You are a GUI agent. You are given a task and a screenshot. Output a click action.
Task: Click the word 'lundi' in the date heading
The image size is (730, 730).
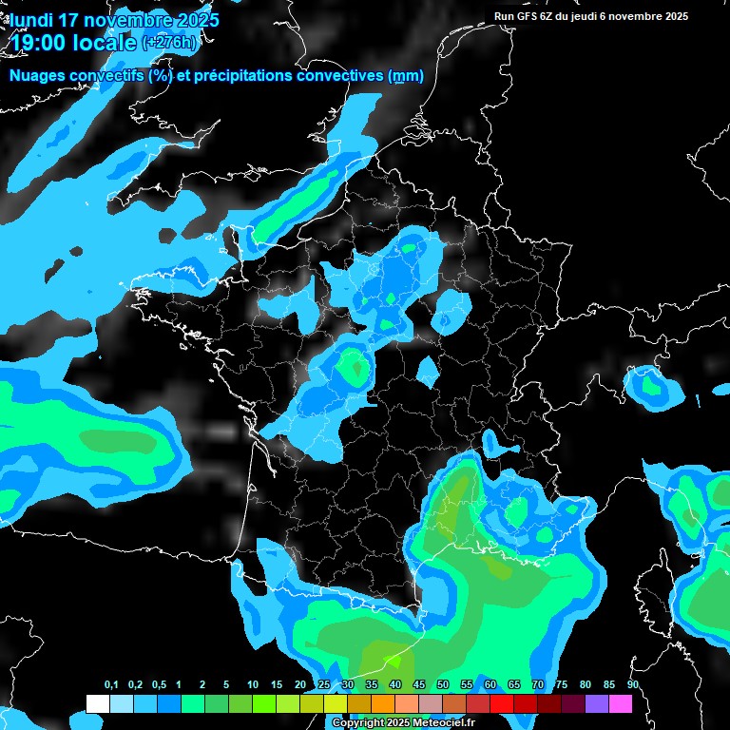tap(32, 20)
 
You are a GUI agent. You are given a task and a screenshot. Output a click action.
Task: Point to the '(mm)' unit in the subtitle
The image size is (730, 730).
tap(407, 76)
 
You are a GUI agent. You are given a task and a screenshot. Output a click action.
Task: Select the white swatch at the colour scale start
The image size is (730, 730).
tap(97, 703)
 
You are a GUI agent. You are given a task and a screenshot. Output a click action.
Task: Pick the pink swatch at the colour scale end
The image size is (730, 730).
tap(621, 703)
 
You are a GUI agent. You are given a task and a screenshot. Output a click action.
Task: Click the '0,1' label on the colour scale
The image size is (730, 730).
tap(111, 685)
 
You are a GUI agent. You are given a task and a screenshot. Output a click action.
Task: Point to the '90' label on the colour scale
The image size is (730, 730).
tap(632, 685)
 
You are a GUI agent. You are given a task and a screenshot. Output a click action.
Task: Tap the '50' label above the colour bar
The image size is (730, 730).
tap(443, 685)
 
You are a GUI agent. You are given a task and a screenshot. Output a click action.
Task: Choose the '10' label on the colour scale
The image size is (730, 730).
tap(253, 685)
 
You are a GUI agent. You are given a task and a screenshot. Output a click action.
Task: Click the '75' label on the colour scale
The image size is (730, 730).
tap(562, 685)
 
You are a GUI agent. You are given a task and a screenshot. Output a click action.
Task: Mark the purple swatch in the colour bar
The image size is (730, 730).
tap(597, 703)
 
